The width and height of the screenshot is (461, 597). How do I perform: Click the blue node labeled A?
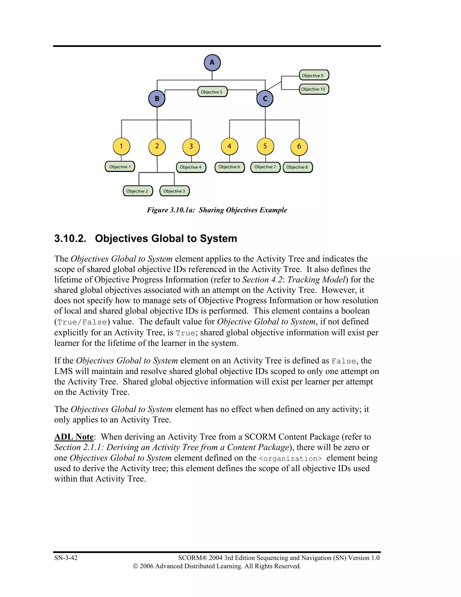pos(212,63)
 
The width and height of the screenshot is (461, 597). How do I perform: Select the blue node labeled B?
pos(157,99)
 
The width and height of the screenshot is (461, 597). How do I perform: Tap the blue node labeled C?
pos(265,99)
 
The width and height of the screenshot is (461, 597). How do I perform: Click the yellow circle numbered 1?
pos(121,146)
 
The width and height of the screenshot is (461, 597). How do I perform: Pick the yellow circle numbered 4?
pos(229,146)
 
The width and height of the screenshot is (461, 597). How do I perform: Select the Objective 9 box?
pos(314,75)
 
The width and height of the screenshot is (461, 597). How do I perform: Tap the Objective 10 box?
pos(314,89)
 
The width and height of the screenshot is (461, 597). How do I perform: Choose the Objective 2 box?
pos(138,191)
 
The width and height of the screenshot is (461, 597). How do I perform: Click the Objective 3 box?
pos(174,191)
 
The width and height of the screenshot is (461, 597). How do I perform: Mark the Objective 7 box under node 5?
pos(265,167)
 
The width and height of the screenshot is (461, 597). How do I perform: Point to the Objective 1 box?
pos(120,167)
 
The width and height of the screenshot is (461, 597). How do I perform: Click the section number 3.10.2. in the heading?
pos(70,238)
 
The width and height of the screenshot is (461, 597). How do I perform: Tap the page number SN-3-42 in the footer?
pos(66,558)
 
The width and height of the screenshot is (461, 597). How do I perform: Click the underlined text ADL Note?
pos(74,437)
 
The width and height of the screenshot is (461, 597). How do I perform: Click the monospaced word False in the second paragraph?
pos(343,361)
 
